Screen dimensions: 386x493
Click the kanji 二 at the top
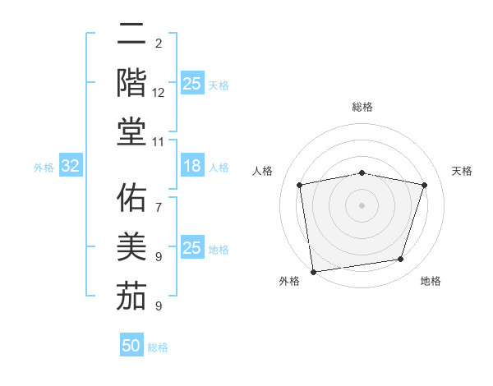pos(131,34)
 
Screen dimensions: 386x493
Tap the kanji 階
pos(131,83)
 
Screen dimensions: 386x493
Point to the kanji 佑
pos(131,199)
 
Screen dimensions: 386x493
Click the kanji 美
pos(131,247)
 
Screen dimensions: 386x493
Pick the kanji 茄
pos(131,296)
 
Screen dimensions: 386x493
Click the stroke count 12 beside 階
pos(159,94)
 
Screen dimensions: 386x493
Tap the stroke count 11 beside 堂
pos(159,142)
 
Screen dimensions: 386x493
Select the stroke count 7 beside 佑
pos(159,199)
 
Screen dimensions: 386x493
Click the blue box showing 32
pos(70,167)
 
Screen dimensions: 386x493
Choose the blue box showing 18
pos(191,167)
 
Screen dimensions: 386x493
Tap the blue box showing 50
pos(131,346)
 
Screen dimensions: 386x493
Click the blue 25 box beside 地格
pos(191,249)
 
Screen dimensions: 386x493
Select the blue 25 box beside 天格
pos(191,84)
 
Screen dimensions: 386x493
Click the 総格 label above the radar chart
pos(362,107)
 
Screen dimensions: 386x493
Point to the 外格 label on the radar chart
pos(289,281)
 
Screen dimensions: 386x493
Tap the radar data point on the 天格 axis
pos(425,185)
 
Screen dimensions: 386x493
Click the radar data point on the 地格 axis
pos(401,260)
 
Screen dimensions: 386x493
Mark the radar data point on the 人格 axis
pos(300,185)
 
